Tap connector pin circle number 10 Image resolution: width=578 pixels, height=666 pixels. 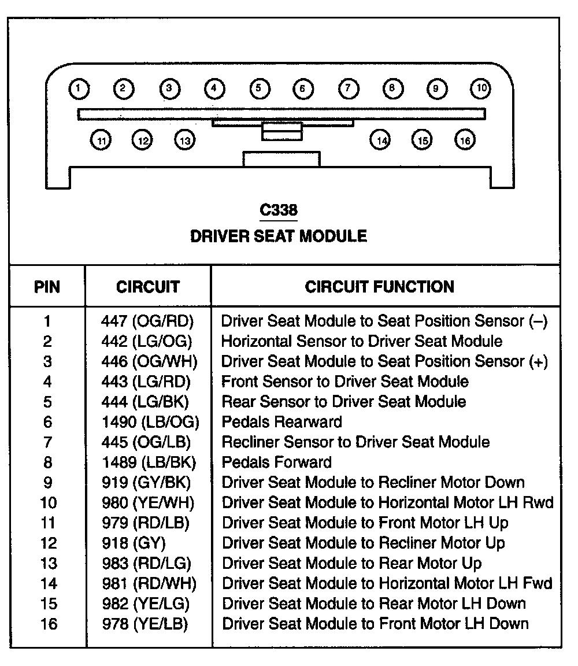click(480, 88)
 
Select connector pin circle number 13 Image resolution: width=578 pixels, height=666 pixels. click(184, 140)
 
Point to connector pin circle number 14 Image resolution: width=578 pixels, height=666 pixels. click(380, 140)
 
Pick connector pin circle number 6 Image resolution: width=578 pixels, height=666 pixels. click(302, 89)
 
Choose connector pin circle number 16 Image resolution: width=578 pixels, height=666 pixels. click(465, 140)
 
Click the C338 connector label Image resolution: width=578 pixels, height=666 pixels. click(279, 210)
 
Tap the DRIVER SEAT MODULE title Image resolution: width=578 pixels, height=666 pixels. click(279, 236)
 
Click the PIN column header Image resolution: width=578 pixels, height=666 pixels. click(47, 287)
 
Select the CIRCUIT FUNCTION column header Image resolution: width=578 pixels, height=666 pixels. click(380, 287)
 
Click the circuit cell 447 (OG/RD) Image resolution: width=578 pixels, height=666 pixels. click(147, 321)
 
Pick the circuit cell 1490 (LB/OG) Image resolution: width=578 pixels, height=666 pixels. click(150, 422)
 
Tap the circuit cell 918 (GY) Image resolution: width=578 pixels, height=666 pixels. click(134, 543)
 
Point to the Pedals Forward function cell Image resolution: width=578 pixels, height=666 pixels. click(277, 462)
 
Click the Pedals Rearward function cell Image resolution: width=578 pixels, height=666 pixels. click(281, 422)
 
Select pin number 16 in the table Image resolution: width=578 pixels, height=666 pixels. click(49, 624)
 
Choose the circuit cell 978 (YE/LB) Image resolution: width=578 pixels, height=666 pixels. click(145, 624)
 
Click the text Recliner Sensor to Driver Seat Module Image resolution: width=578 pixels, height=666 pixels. click(355, 442)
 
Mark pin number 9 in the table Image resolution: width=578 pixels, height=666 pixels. click(47, 483)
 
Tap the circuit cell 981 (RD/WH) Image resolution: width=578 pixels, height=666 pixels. click(149, 584)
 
